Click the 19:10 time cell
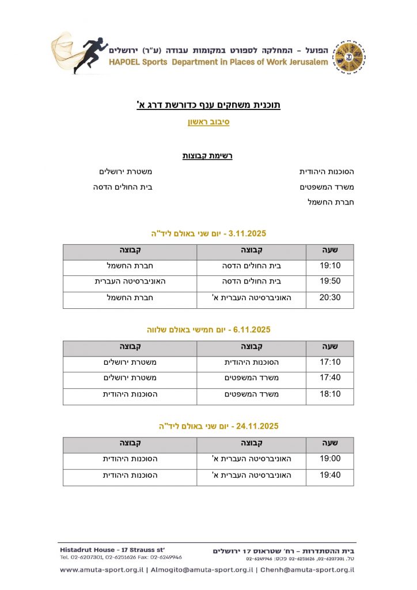330,266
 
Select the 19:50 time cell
330,281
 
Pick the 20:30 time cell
330,297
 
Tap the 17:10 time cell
330,362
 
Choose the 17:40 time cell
330,378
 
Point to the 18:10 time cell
330,394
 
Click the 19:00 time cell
330,459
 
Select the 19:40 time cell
330,475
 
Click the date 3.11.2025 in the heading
248,233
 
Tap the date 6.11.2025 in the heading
251,330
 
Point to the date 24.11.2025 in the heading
257,426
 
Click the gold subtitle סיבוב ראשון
208,122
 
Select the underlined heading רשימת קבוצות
207,156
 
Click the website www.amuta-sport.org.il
101,570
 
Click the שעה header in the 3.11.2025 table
330,250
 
